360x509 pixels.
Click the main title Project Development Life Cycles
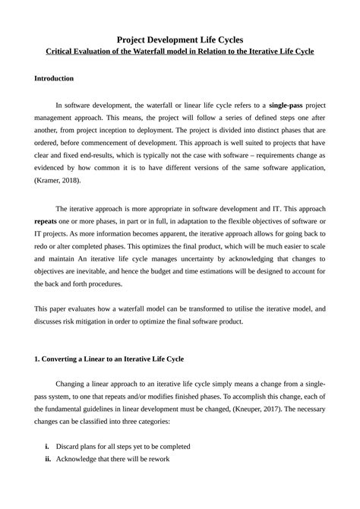(180, 38)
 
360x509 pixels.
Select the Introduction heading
(54, 78)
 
